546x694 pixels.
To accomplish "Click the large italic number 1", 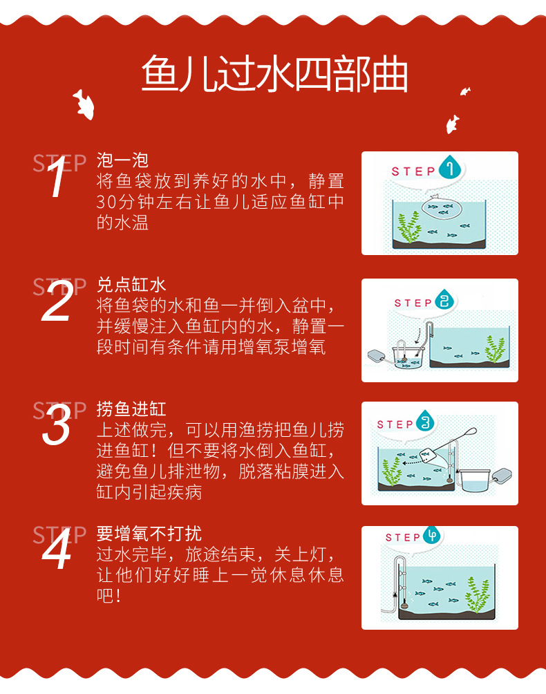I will pos(58,178).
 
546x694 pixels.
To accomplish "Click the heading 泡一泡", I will pos(122,161).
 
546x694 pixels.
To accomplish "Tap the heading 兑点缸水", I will pos(131,285).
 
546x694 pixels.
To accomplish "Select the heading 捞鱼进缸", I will pos(131,409).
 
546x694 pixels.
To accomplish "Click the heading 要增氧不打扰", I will pos(149,534).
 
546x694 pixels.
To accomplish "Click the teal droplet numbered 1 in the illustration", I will pos(452,169).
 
